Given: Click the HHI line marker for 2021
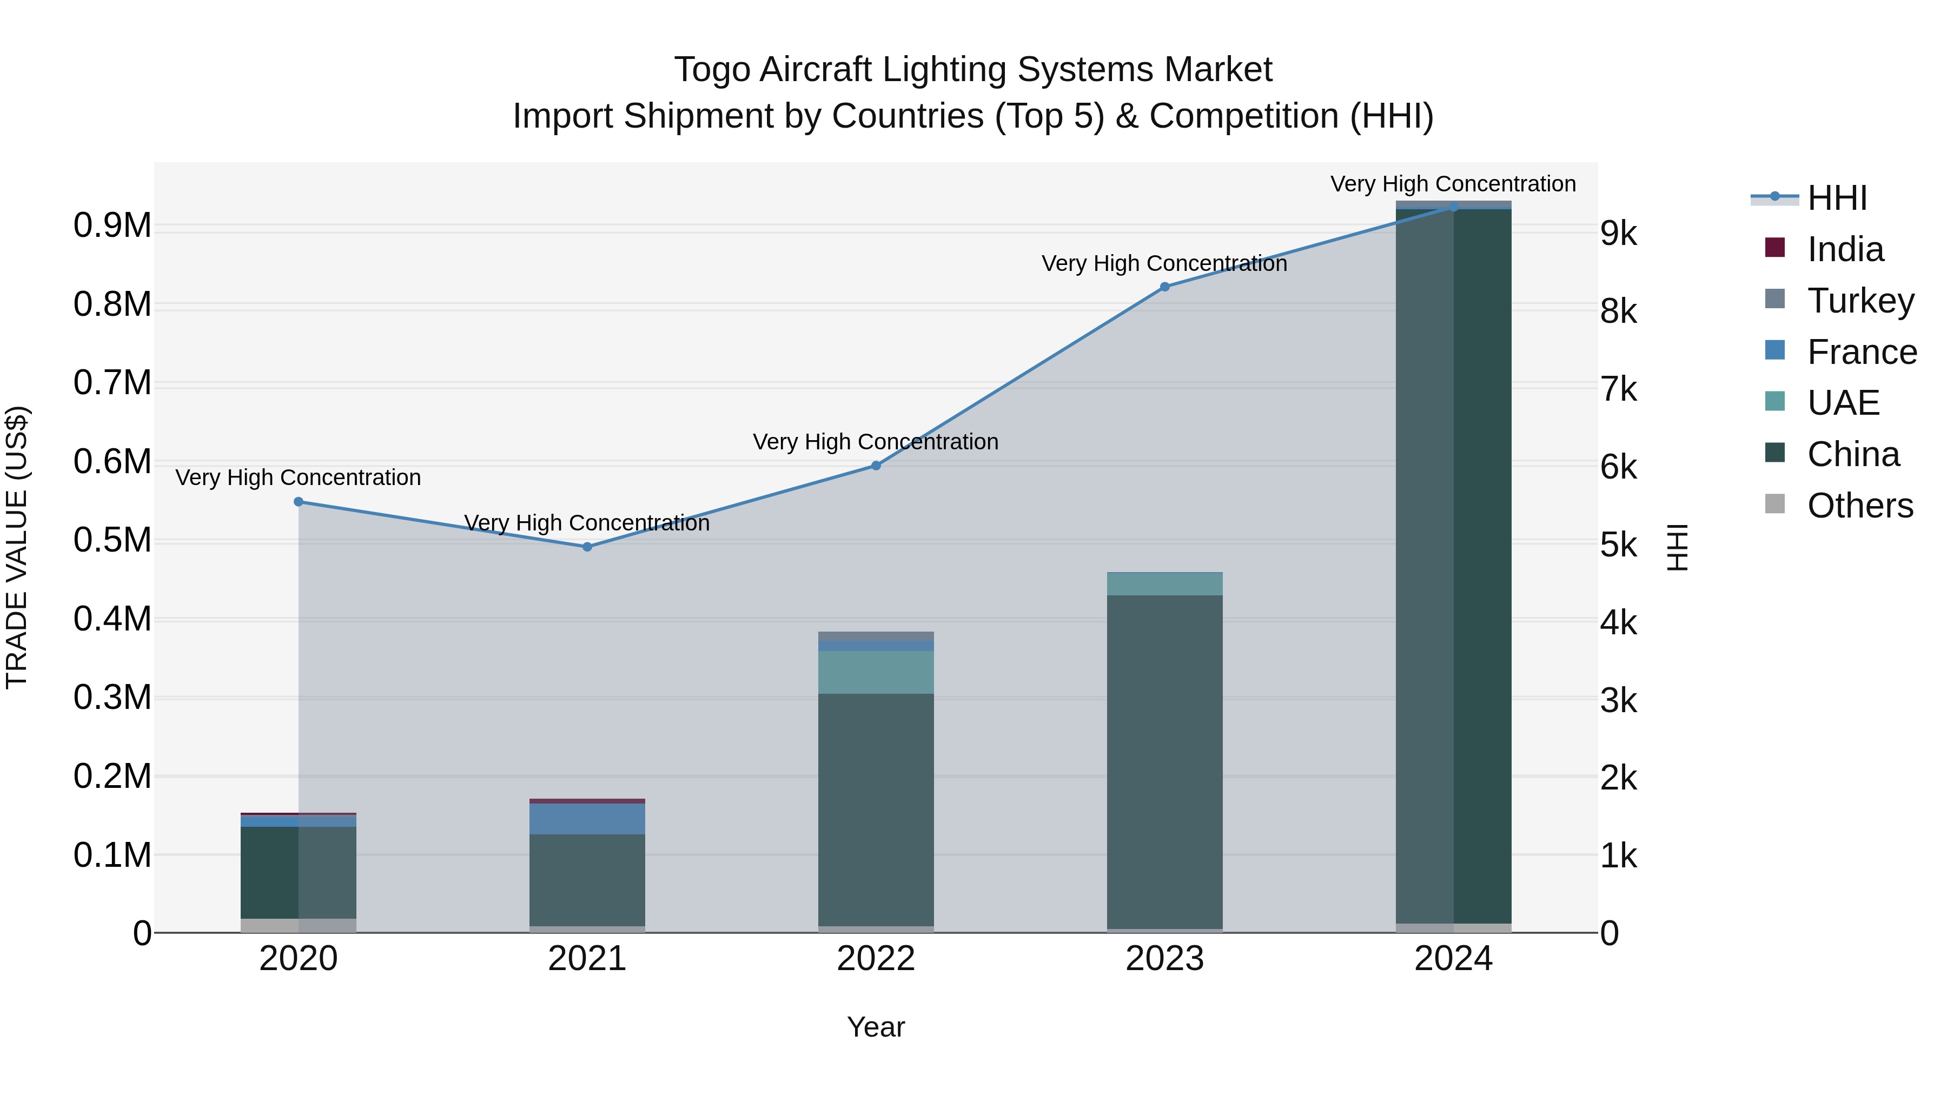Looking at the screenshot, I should [x=587, y=546].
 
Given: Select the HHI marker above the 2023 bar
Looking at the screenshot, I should [x=1165, y=287].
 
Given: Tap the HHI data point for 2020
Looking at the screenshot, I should [x=299, y=502].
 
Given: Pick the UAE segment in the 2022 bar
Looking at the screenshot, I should [x=876, y=672].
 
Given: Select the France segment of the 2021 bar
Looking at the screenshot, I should [x=587, y=819].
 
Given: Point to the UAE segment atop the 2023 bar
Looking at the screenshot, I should [x=1165, y=584].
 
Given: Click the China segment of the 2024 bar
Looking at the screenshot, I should [x=1453, y=567].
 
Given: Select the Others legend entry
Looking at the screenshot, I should [x=1859, y=505].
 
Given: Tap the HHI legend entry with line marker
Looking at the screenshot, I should [x=1837, y=198].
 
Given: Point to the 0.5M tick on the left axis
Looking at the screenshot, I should [x=112, y=540].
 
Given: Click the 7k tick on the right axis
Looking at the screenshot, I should [x=1619, y=389].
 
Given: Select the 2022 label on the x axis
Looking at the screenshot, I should [x=876, y=959].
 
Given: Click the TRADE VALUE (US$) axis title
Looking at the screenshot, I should [x=17, y=547].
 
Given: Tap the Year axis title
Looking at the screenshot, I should [x=876, y=1027].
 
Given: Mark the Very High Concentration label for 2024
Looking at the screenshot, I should [x=1453, y=184].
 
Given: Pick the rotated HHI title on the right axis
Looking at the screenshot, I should [x=1677, y=547].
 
